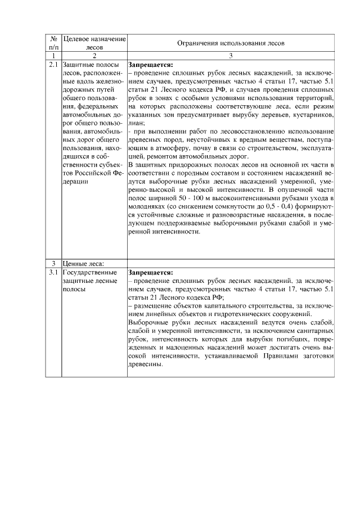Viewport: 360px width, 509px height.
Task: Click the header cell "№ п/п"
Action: [54, 43]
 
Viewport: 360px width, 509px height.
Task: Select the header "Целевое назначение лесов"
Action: [94, 43]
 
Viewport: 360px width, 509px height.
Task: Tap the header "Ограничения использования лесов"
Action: [231, 43]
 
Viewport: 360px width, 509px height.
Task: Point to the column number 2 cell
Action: [94, 56]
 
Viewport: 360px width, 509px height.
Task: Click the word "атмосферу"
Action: [192, 148]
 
